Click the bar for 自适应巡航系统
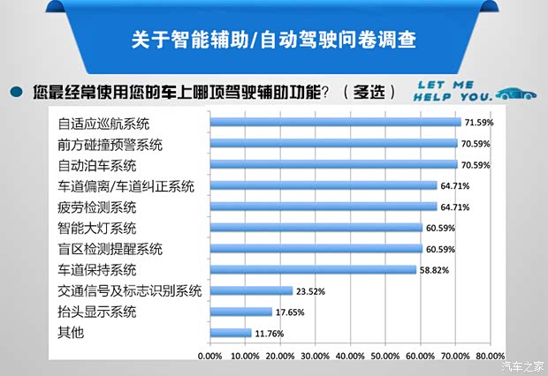tap(336, 122)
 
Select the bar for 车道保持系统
tap(313, 269)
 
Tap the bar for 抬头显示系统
tap(240, 312)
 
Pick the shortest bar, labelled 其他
tap(231, 333)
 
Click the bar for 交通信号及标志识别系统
tap(251, 290)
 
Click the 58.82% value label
tap(433, 269)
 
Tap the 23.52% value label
tap(309, 290)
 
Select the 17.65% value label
tap(288, 312)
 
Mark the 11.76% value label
tap(268, 333)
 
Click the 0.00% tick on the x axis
tap(210, 357)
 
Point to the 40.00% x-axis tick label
tap(351, 357)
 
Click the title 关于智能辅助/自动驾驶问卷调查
tap(273, 41)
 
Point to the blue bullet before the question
tap(16, 91)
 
